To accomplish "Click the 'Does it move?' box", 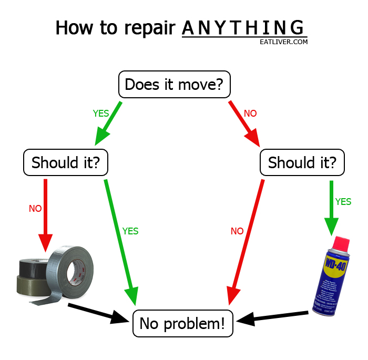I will pyautogui.click(x=175, y=84).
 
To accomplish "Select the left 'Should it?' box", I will pyautogui.click(x=66, y=162).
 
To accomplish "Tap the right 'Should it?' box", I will pyautogui.click(x=302, y=162).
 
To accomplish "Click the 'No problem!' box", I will pyautogui.click(x=183, y=323).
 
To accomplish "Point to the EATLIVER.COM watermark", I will pyautogui.click(x=284, y=42).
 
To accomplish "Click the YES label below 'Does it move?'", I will pyautogui.click(x=101, y=113).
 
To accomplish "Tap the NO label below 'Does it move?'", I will pyautogui.click(x=250, y=113).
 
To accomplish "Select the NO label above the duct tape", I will pyautogui.click(x=35, y=209).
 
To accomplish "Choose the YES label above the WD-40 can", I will pyautogui.click(x=343, y=202).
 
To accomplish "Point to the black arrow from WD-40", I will pyautogui.click(x=273, y=316).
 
